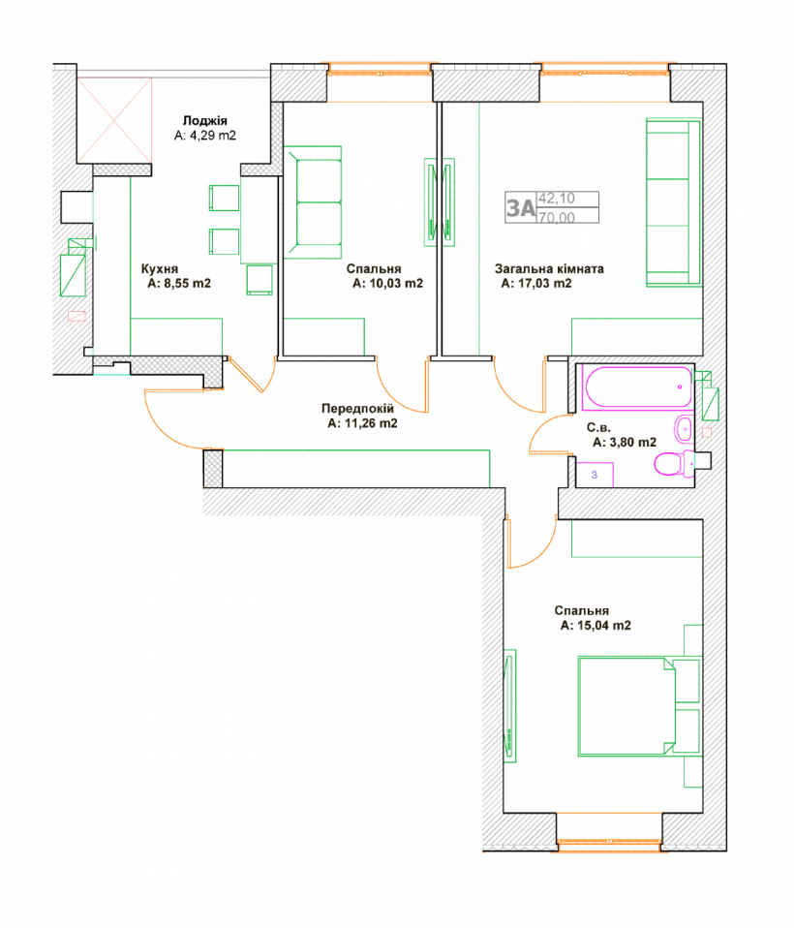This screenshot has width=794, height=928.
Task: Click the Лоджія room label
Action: pyautogui.click(x=204, y=121)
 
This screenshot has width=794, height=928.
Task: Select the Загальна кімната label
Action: pyautogui.click(x=549, y=268)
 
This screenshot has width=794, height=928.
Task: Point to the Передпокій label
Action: pyautogui.click(x=357, y=409)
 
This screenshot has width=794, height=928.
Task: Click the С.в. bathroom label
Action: pyautogui.click(x=598, y=427)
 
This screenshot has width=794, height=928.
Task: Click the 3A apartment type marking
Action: pyautogui.click(x=521, y=208)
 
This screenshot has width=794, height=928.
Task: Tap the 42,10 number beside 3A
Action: pyautogui.click(x=557, y=199)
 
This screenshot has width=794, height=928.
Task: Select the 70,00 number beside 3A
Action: pyautogui.click(x=557, y=217)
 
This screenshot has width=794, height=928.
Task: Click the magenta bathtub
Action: pyautogui.click(x=638, y=387)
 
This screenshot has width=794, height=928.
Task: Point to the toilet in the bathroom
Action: pyautogui.click(x=675, y=464)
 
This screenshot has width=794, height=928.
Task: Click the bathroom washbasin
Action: pyautogui.click(x=685, y=428)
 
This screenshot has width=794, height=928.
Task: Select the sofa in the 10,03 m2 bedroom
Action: pyautogui.click(x=313, y=201)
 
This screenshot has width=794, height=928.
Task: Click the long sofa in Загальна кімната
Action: pyautogui.click(x=673, y=202)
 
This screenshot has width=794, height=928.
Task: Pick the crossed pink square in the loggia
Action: pyautogui.click(x=114, y=120)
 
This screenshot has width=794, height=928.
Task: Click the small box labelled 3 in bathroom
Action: pyautogui.click(x=595, y=475)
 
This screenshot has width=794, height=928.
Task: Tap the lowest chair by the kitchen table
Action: pyautogui.click(x=260, y=279)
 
